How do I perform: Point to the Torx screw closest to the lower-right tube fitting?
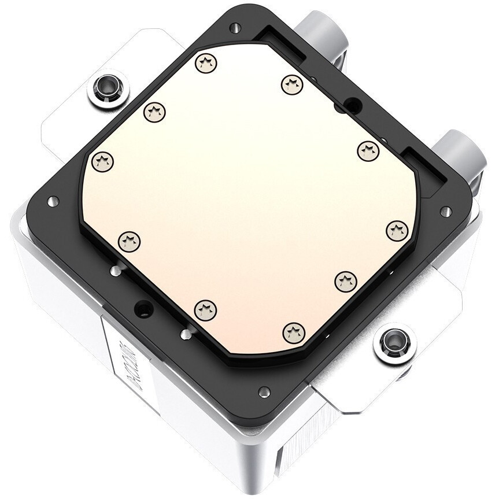coord(367,151)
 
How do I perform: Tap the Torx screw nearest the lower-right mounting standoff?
coord(345,280)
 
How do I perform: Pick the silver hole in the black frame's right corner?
coord(445,211)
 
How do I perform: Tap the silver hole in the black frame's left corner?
coord(53,201)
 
